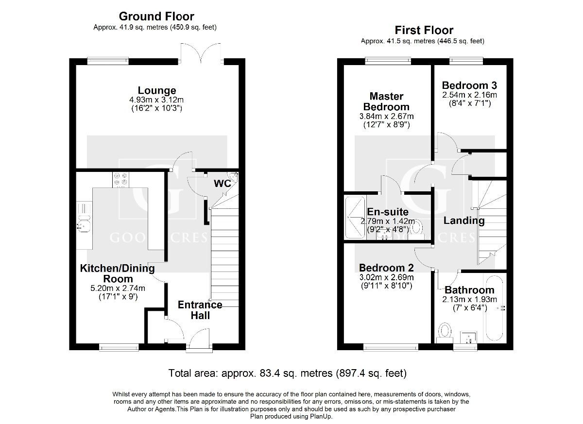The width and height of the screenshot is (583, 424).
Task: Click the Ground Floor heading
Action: click(x=156, y=17)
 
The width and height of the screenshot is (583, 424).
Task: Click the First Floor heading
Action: click(x=424, y=30)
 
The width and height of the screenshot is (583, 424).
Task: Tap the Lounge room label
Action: click(x=156, y=90)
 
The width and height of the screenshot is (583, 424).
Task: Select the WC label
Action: click(x=222, y=184)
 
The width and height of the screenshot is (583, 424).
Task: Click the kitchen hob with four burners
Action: click(x=120, y=179)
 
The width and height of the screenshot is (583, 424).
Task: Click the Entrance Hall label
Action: click(x=200, y=310)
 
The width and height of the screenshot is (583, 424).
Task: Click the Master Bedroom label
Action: click(x=386, y=102)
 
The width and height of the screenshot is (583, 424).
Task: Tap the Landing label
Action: click(x=464, y=220)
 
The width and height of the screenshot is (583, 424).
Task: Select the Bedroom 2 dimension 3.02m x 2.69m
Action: click(x=386, y=277)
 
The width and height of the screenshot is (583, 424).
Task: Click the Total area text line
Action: click(x=287, y=373)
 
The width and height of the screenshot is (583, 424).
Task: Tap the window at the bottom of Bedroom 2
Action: click(x=391, y=347)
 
